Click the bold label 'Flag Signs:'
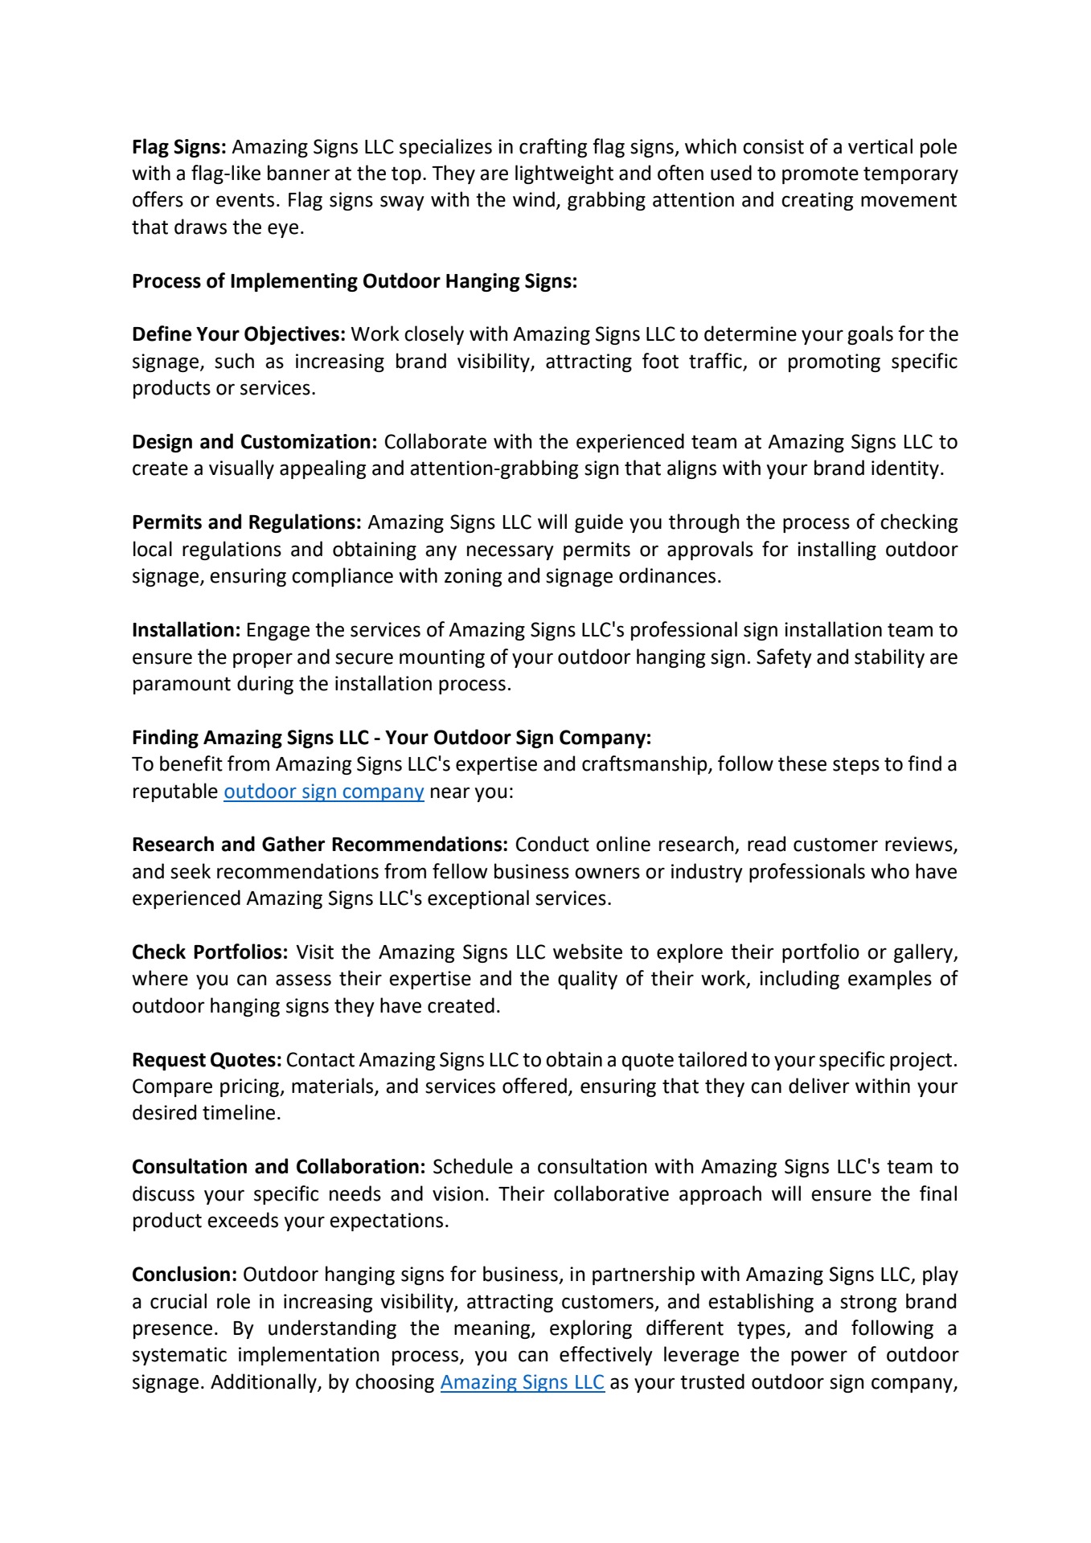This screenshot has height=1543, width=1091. (x=179, y=147)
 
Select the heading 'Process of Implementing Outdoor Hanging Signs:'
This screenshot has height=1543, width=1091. (x=355, y=281)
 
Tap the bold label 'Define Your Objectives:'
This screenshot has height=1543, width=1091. (x=239, y=334)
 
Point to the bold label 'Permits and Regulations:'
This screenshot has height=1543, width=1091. (x=246, y=522)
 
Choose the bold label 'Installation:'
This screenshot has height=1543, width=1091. (x=186, y=630)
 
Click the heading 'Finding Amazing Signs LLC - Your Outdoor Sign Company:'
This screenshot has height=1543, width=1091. (x=392, y=737)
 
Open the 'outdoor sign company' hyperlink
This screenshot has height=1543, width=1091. (x=323, y=792)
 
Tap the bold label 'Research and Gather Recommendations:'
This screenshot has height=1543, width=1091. (x=319, y=845)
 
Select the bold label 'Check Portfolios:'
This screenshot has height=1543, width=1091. (x=209, y=952)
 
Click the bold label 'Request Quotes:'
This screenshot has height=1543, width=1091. (x=207, y=1060)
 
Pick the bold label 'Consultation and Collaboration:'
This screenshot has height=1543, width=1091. (x=278, y=1167)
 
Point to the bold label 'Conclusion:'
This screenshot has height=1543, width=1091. (x=184, y=1275)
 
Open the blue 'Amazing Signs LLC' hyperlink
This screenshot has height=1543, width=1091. (x=522, y=1382)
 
